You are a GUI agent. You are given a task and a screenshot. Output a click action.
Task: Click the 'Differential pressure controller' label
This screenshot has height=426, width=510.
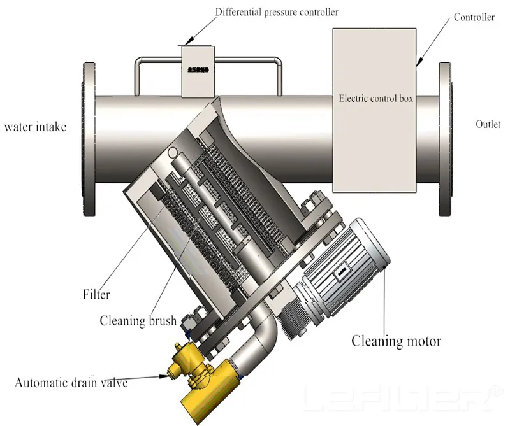pos(277,12)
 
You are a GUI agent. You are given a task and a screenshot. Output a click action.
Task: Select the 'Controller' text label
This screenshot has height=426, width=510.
pos(474,17)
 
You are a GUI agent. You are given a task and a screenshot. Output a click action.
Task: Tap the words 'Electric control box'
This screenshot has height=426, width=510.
pos(376,99)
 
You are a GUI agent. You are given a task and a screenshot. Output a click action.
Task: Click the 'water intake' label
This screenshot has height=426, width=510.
pos(35,127)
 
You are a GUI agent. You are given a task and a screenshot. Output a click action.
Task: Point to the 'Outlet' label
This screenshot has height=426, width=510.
pos(488,124)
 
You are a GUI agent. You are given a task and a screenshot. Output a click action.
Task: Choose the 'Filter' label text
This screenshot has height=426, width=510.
pos(96,295)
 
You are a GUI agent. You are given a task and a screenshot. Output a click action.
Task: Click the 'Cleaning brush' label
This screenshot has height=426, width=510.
pos(138,320)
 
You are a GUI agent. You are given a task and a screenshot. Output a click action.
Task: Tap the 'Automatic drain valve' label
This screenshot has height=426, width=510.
pos(71,383)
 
